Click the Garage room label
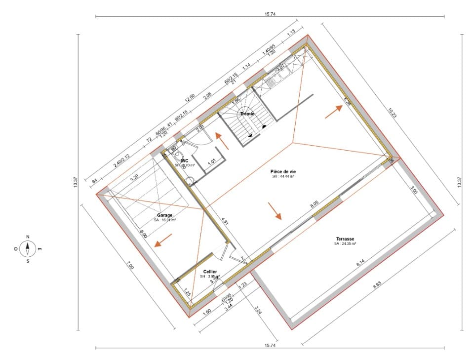tap(165, 215)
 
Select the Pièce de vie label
tap(283, 171)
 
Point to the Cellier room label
tap(210, 272)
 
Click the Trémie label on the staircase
tap(247, 114)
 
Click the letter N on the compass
tap(28, 236)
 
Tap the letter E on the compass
tap(40, 249)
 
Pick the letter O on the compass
tap(16, 249)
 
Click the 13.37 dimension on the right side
tap(459, 182)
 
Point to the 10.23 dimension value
tap(392, 113)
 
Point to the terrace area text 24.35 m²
tap(345, 243)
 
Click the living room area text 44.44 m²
tap(283, 176)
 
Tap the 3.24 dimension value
tap(258, 310)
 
